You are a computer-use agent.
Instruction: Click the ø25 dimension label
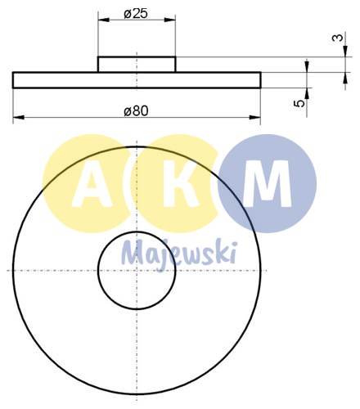pos(136,14)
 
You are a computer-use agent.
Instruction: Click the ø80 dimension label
pos(136,110)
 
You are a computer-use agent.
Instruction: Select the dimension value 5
pos(300,103)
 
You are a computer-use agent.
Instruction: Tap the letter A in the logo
pos(87,186)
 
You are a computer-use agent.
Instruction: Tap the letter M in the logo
pos(268,186)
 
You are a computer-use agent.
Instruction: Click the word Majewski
pos(179,253)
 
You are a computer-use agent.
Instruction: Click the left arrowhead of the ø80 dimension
pos(16,119)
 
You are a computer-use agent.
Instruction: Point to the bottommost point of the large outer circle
pos(137,394)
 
